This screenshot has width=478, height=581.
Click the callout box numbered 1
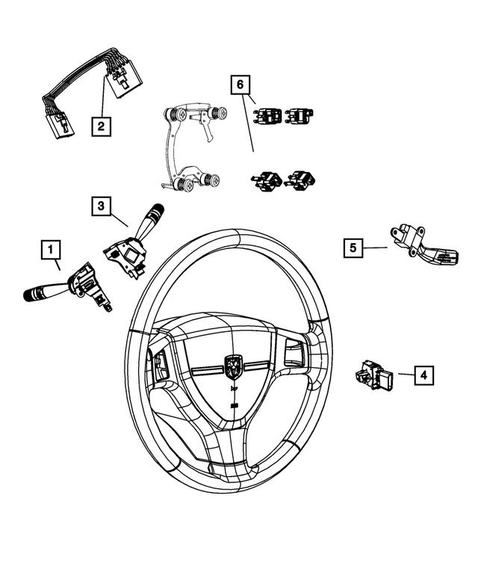click(x=51, y=248)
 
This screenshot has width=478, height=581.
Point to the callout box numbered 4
click(x=423, y=375)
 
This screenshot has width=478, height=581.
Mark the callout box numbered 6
click(x=240, y=86)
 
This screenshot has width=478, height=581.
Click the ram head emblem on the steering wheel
click(x=235, y=366)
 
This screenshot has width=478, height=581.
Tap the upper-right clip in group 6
click(x=300, y=116)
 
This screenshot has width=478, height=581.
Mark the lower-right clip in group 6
click(x=299, y=179)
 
